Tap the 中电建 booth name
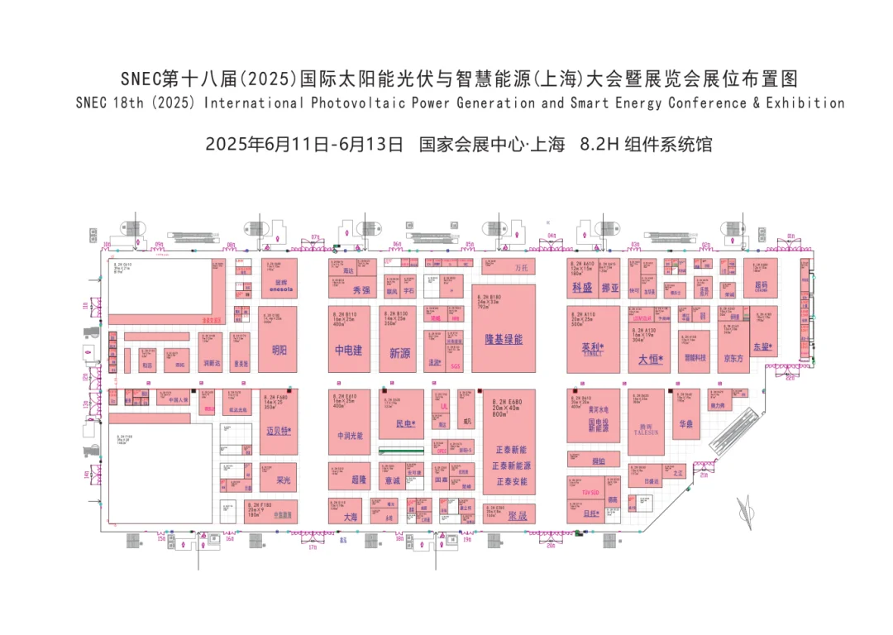click(349, 351)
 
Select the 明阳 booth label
click(279, 351)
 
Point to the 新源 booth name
click(400, 353)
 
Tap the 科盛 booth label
click(582, 288)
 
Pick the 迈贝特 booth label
click(279, 431)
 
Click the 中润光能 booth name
click(350, 436)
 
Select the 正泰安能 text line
click(511, 481)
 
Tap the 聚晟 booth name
click(518, 516)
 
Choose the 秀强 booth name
click(361, 290)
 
